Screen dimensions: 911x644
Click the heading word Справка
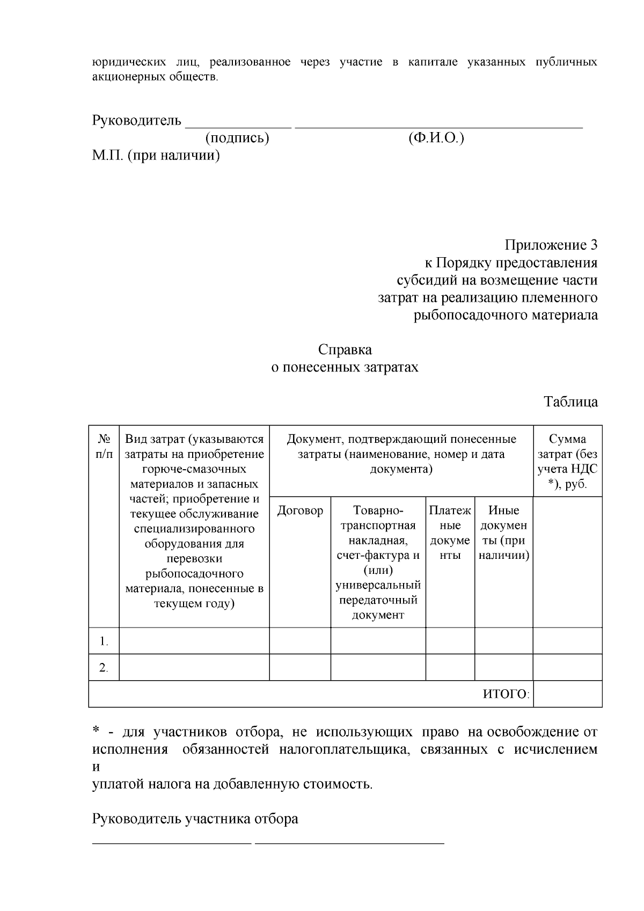(x=345, y=350)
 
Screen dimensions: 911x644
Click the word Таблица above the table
(x=570, y=402)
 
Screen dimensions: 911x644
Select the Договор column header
(x=300, y=511)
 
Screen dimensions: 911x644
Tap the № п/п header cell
(x=104, y=447)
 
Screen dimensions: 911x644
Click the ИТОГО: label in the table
(x=506, y=694)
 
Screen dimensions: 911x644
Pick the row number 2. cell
(x=104, y=668)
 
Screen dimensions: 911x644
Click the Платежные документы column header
(x=450, y=533)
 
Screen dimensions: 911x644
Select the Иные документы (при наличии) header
(x=503, y=533)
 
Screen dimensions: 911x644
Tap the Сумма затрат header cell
(x=567, y=462)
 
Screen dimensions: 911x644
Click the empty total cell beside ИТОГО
(x=567, y=694)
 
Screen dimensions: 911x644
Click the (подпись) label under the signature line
(x=237, y=139)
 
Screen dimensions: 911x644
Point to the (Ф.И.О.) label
(x=436, y=139)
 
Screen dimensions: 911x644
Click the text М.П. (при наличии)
(x=156, y=156)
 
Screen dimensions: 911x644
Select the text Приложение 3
(x=551, y=246)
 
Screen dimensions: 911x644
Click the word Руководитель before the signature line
(x=137, y=120)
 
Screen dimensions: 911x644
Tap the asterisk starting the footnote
(x=96, y=731)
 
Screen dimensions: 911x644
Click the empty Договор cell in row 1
(x=300, y=641)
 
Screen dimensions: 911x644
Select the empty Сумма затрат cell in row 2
(x=567, y=668)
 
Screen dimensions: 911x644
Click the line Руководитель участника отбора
(x=195, y=820)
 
